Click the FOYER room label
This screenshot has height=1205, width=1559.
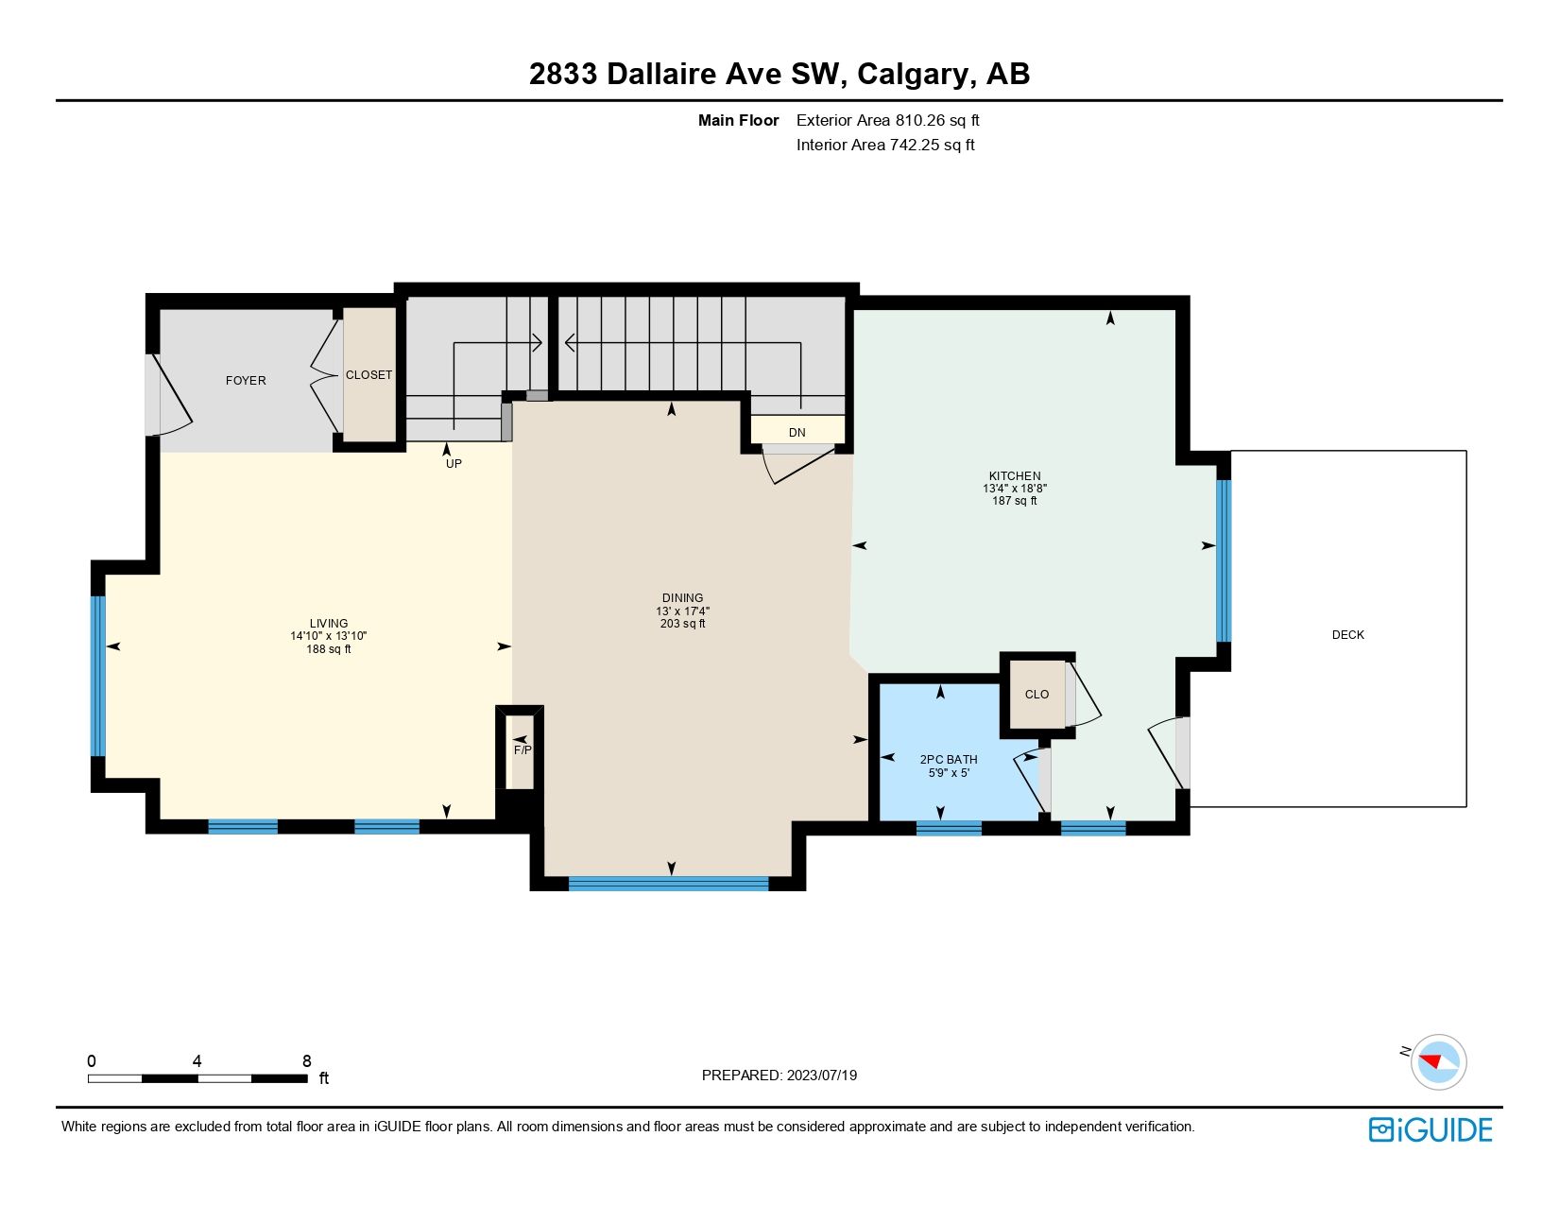(x=246, y=380)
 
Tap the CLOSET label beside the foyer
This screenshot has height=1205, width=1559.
(x=368, y=375)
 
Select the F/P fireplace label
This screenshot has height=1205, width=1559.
(x=523, y=750)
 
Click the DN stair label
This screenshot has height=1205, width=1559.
(x=797, y=433)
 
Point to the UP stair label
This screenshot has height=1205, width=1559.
(x=454, y=464)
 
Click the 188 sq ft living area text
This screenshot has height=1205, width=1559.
(x=329, y=649)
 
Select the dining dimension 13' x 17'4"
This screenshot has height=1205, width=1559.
(x=682, y=611)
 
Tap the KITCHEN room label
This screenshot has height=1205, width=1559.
(x=1015, y=476)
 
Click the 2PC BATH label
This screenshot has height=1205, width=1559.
(x=949, y=760)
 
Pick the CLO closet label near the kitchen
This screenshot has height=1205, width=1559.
(x=1036, y=695)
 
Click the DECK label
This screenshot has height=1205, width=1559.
(x=1347, y=635)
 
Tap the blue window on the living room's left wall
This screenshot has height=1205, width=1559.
(x=97, y=676)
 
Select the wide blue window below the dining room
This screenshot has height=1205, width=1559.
(x=669, y=885)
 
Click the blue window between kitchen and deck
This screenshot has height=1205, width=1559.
(x=1224, y=561)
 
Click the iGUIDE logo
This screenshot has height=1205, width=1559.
(x=1431, y=1130)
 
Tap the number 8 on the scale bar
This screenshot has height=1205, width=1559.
(x=306, y=1061)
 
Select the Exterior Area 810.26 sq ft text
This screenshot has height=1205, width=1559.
(x=887, y=120)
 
